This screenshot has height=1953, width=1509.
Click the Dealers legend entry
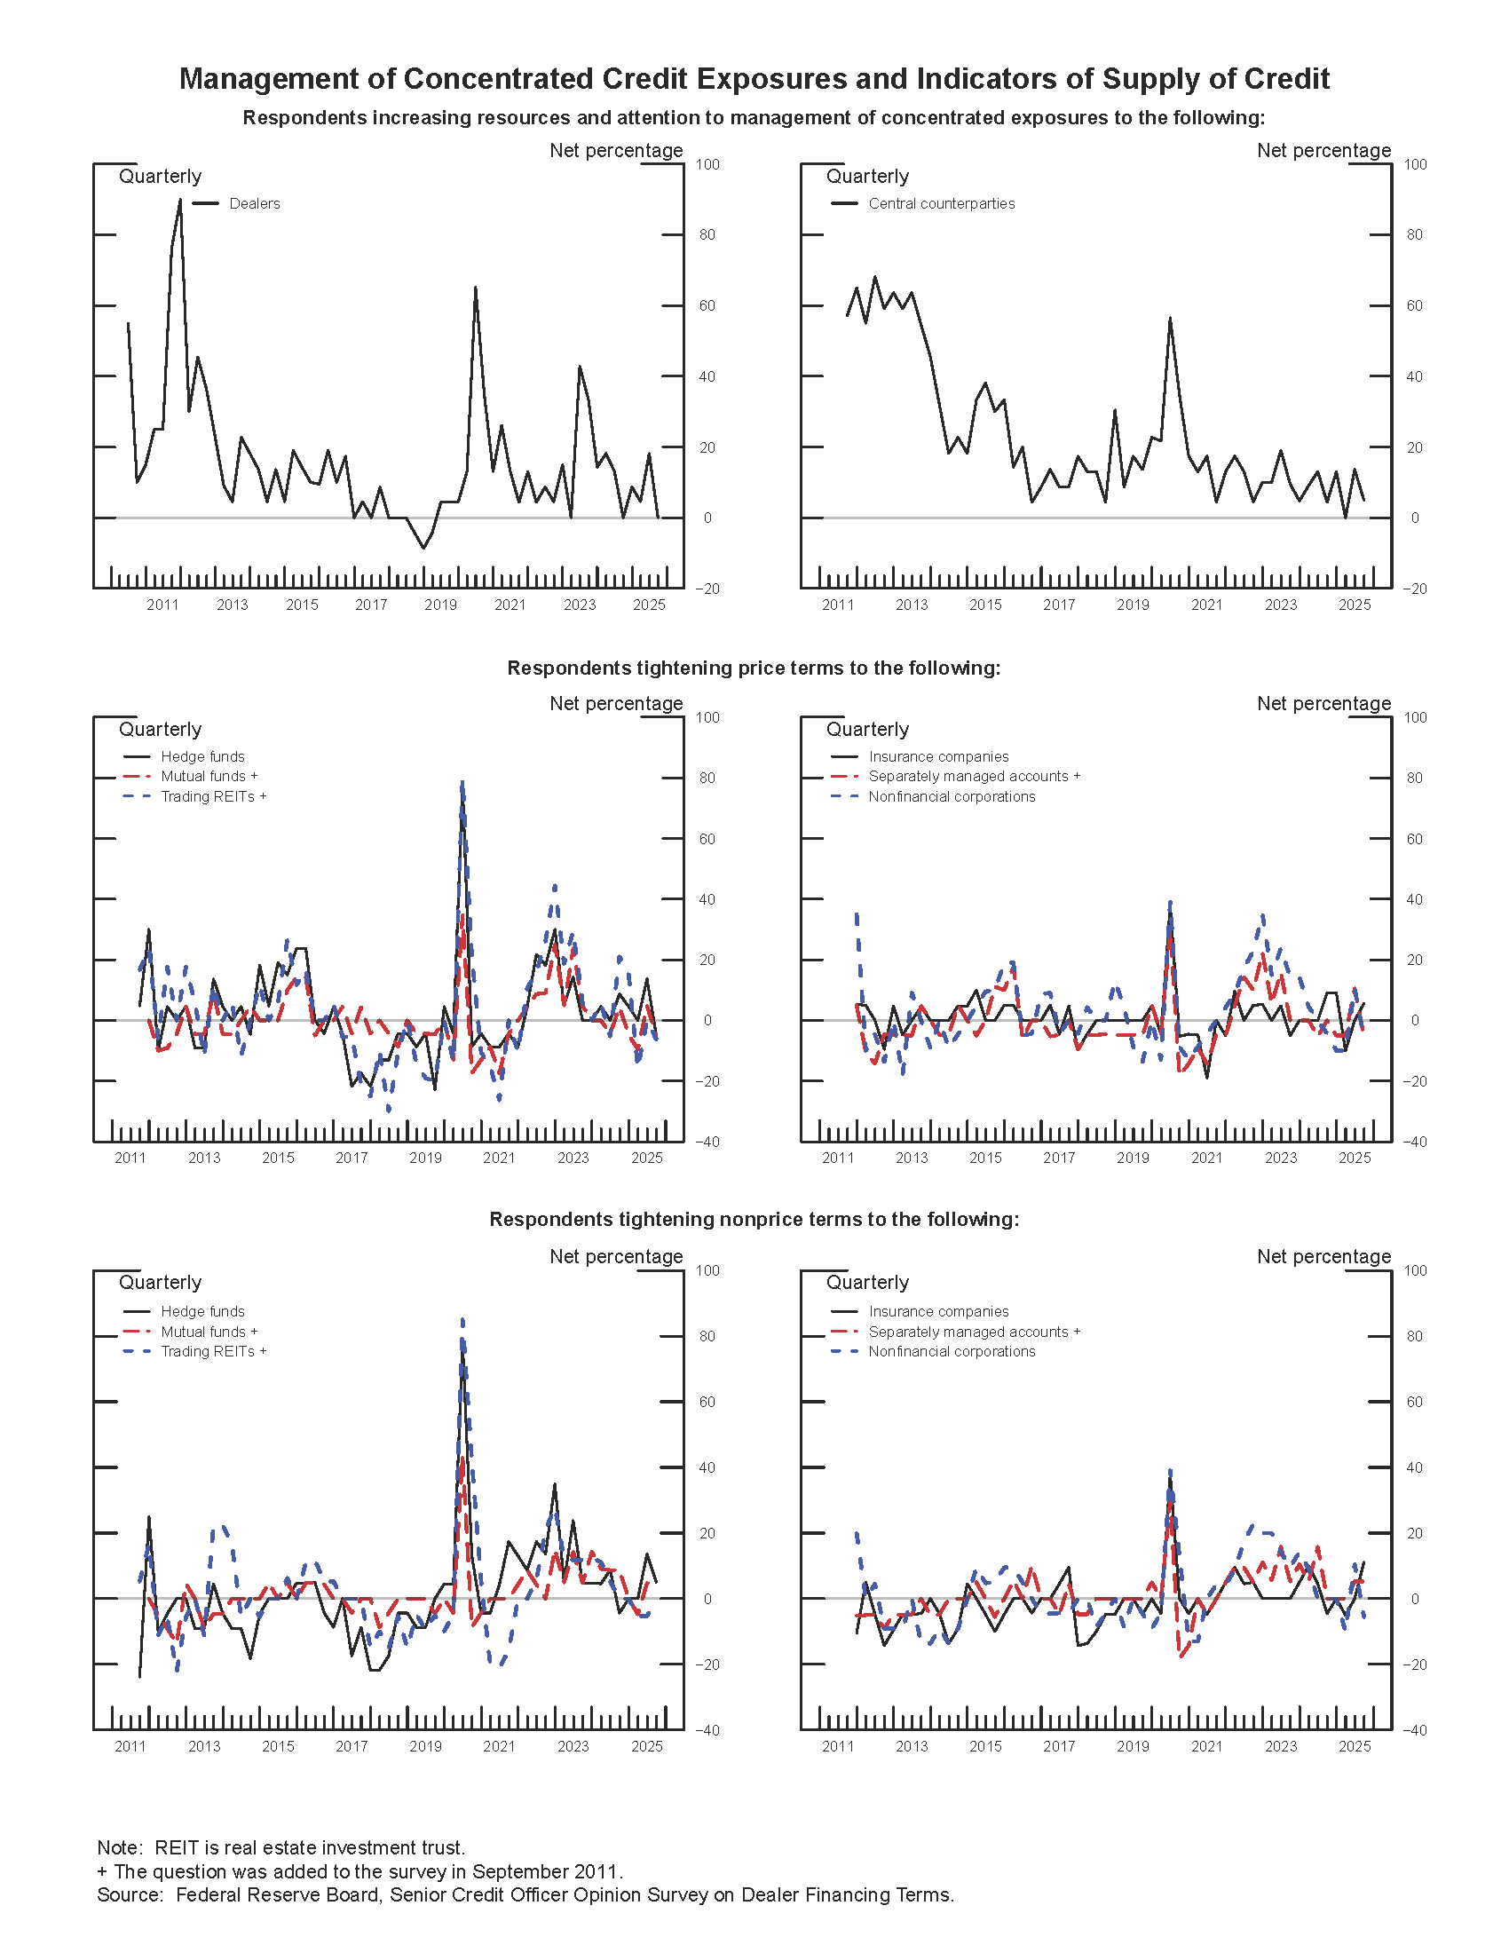(254, 204)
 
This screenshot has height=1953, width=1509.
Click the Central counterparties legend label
(941, 204)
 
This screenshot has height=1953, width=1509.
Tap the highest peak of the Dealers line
(179, 200)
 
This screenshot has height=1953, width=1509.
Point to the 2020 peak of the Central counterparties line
(1169, 318)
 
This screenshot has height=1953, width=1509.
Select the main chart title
(754, 79)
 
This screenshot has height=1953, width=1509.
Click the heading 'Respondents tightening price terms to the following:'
(754, 668)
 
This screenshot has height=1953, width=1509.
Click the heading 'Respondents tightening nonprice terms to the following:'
(754, 1220)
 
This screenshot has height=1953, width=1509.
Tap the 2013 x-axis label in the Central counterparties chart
(912, 605)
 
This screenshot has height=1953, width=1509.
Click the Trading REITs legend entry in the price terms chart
(213, 797)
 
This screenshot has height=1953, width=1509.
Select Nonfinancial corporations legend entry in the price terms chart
(952, 797)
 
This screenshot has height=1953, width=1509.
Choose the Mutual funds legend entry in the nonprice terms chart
(209, 1332)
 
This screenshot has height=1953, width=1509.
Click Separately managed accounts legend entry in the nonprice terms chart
(974, 1332)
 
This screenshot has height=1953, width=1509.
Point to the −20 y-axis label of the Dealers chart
(707, 589)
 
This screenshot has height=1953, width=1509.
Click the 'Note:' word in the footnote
(120, 1847)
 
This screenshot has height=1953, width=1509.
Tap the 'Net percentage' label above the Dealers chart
(616, 150)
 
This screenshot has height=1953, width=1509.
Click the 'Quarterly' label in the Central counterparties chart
(867, 176)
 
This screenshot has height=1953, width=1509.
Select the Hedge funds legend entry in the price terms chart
(202, 756)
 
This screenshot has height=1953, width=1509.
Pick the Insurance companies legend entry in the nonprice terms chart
(937, 1311)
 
